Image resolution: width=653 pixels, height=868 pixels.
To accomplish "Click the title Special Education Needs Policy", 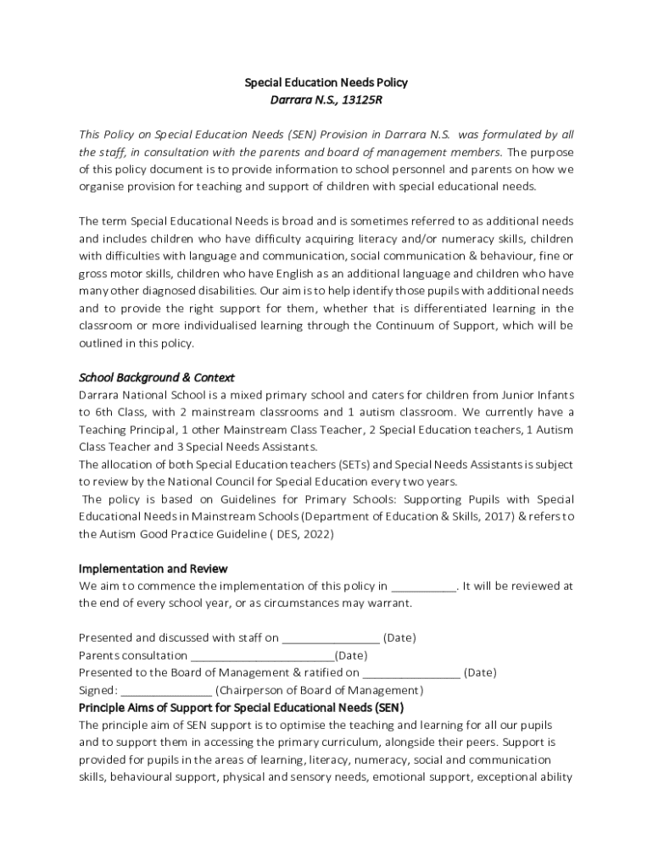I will point(326,83).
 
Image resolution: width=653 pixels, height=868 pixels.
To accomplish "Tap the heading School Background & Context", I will point(156,377).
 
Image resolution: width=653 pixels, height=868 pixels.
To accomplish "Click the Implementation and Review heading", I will point(153,569).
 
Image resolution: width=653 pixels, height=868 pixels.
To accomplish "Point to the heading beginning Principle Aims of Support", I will point(241,707).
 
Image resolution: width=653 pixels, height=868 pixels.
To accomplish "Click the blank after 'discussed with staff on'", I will point(331,637).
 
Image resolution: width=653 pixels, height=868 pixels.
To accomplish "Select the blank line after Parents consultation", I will point(262,655).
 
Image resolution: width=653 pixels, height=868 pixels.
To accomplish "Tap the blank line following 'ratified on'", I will point(411,672).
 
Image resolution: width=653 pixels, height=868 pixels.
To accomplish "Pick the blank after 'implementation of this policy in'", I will point(424,586).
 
